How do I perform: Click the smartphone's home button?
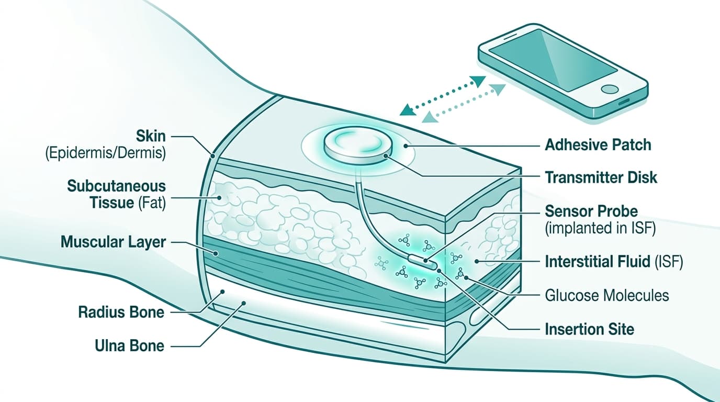tap(610, 88)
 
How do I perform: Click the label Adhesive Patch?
tap(598, 144)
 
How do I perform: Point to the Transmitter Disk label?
tap(601, 177)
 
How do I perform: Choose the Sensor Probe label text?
tap(591, 211)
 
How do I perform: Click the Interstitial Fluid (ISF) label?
tap(614, 262)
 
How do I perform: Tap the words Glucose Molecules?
tap(606, 295)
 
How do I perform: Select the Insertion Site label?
tap(589, 329)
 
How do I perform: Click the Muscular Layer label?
tap(113, 242)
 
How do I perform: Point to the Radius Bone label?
tap(121, 312)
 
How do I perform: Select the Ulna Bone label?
tap(129, 345)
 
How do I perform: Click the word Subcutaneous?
tap(116, 186)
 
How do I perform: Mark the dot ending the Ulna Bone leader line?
tap(243, 303)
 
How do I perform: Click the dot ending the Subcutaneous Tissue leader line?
tap(219, 198)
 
